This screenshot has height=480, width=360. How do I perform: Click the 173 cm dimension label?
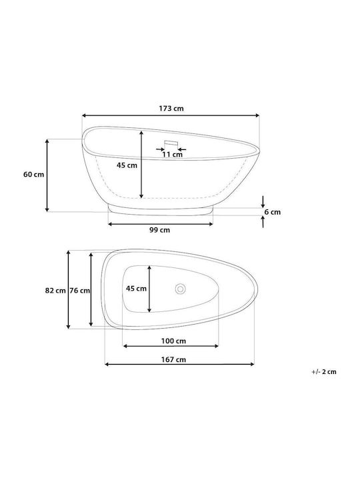point(171,109)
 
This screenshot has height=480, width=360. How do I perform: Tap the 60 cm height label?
point(34,175)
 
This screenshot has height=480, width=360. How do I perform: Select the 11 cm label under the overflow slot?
point(173,154)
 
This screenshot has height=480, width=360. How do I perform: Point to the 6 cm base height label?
point(273,212)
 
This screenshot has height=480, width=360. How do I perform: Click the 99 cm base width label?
point(159,230)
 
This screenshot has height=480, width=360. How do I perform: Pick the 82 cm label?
point(55,291)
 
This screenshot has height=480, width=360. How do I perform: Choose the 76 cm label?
point(79,291)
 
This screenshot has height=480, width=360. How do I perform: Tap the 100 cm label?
point(173,341)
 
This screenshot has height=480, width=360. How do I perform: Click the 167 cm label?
point(173,359)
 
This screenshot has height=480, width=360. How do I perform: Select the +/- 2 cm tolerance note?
point(324,371)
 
